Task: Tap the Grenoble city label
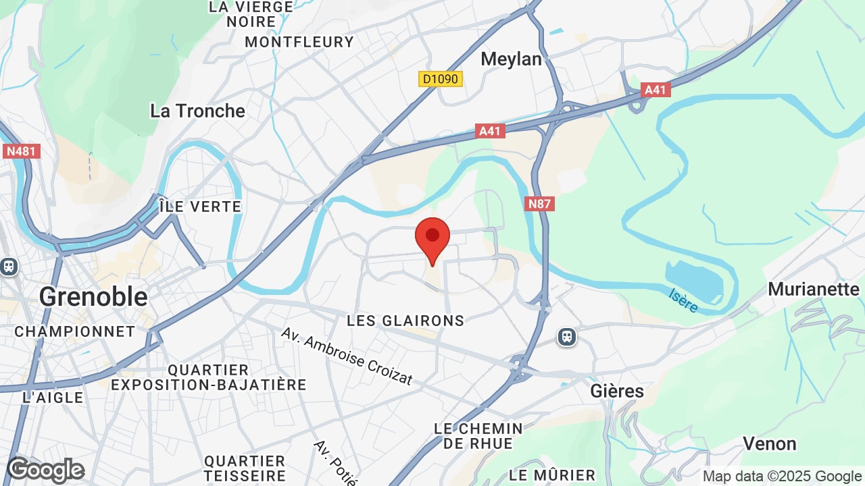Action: point(93,296)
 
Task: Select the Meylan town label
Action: point(511,59)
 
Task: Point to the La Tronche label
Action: point(197,111)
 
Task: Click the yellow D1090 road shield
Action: point(439,79)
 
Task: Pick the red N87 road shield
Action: point(539,203)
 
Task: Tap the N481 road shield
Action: point(22,151)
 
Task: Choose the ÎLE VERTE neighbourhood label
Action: point(200,207)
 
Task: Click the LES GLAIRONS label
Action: point(405,321)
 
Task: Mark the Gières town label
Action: point(617,391)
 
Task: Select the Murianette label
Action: point(814,289)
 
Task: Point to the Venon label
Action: point(769,443)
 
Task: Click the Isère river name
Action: point(683,300)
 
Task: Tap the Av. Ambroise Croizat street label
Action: point(346,356)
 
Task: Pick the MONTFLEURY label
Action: point(299,42)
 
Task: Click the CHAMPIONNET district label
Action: point(75,331)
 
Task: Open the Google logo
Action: point(46,470)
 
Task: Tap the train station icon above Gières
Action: point(567,337)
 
